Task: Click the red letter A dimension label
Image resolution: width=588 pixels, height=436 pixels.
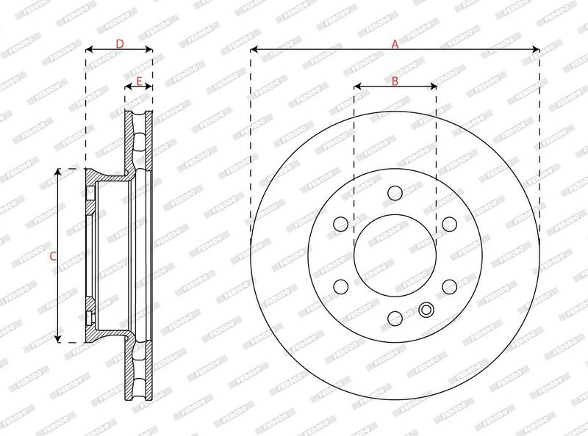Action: pyautogui.click(x=395, y=45)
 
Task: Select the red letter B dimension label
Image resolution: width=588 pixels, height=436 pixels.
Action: pyautogui.click(x=395, y=81)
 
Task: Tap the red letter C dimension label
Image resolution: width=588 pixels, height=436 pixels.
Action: pyautogui.click(x=53, y=257)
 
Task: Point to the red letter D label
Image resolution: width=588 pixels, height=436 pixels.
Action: pyautogui.click(x=119, y=44)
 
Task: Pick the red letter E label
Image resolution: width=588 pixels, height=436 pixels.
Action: pyautogui.click(x=139, y=81)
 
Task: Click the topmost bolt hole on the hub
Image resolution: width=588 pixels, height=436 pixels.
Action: pyautogui.click(x=395, y=192)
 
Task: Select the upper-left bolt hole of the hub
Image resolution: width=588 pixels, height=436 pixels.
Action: pyautogui.click(x=340, y=224)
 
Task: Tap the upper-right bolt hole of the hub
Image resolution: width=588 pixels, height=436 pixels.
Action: pyautogui.click(x=449, y=224)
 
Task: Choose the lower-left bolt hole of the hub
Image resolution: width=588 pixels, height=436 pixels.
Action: pyautogui.click(x=340, y=286)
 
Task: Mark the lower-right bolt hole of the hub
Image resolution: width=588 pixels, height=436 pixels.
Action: pyautogui.click(x=449, y=286)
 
